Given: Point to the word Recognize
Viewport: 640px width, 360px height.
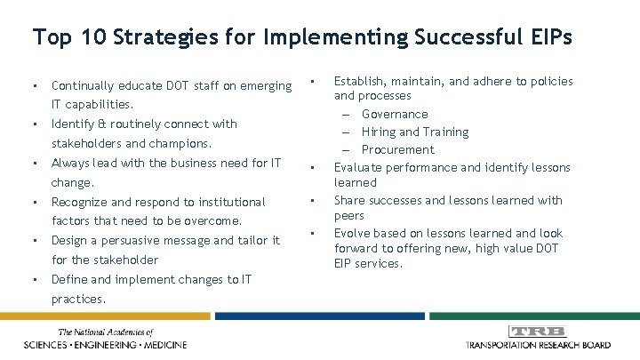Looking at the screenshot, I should pyautogui.click(x=82, y=202).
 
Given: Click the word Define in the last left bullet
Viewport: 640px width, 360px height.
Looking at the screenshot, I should pyautogui.click(x=70, y=280).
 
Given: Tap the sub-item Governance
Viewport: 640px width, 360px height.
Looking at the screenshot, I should pyautogui.click(x=395, y=114).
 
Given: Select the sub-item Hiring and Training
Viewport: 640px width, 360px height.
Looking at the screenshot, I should pyautogui.click(x=415, y=132).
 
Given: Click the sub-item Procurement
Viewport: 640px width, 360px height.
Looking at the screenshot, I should pyautogui.click(x=397, y=149).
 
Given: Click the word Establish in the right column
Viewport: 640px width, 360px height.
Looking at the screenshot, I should pyautogui.click(x=359, y=81).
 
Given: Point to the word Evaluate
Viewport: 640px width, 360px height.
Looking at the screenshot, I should pyautogui.click(x=358, y=166).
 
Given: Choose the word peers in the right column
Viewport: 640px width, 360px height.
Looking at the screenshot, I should pyautogui.click(x=348, y=216).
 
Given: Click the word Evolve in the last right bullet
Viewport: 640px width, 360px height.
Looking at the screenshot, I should pyautogui.click(x=352, y=232).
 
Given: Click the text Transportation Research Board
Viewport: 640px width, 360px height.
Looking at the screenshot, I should pyautogui.click(x=537, y=344).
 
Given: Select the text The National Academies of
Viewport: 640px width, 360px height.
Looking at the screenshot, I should pyautogui.click(x=105, y=332).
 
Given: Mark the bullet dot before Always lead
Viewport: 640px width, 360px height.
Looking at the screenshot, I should pyautogui.click(x=34, y=164).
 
